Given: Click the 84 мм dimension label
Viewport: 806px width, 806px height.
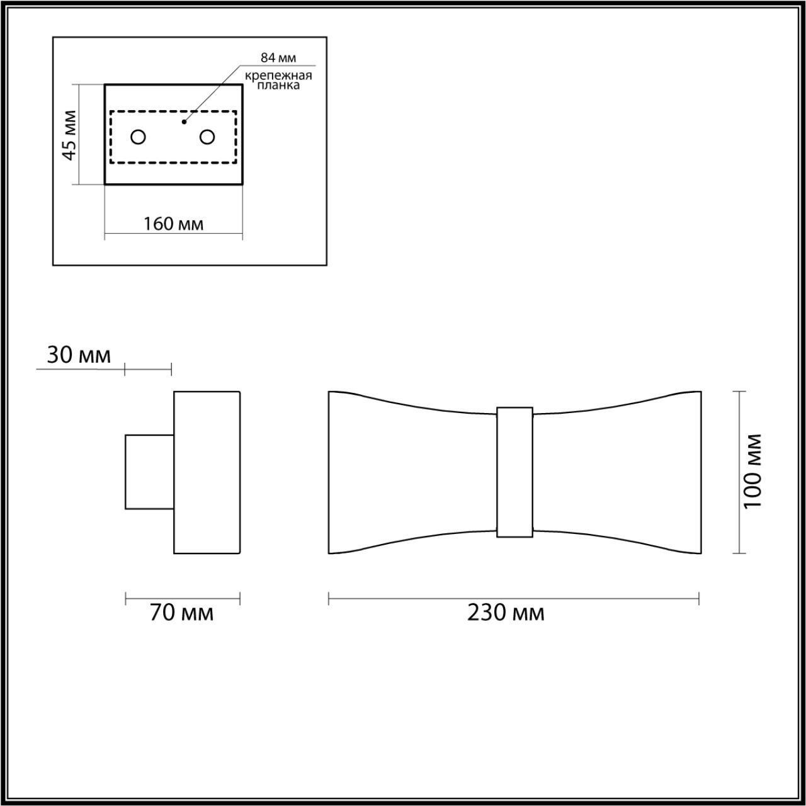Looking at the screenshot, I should point(278,58).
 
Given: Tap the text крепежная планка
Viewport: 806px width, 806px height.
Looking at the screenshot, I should point(278,81).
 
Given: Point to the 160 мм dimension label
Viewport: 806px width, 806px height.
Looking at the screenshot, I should point(173,224).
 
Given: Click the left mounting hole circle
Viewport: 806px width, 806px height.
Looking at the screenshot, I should point(138,137).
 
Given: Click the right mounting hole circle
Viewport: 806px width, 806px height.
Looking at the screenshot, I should point(207,137).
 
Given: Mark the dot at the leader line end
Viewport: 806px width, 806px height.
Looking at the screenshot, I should point(184,122).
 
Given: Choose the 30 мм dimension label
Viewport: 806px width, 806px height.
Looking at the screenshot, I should point(79,355).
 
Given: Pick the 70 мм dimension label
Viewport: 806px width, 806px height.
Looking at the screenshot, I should point(181,612).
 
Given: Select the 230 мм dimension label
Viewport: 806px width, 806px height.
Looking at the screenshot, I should point(506,612).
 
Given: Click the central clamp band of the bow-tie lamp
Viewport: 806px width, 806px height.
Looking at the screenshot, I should point(514,472).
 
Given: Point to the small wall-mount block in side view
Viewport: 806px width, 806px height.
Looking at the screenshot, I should point(149,472).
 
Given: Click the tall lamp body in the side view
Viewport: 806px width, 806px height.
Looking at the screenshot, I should point(207,472).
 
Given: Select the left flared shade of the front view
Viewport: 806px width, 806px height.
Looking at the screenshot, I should point(409,472).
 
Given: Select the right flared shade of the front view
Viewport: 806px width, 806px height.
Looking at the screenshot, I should point(620,472).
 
